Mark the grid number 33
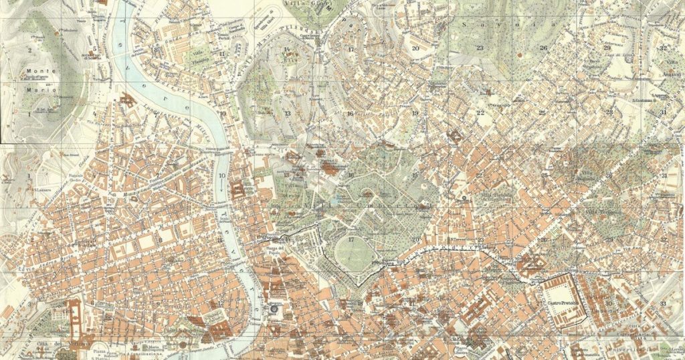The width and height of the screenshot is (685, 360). (662, 303)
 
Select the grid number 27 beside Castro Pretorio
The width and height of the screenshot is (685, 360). (539, 303)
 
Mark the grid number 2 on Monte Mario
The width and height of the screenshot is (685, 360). (29, 50)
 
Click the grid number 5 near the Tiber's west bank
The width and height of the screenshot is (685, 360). (95, 49)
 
